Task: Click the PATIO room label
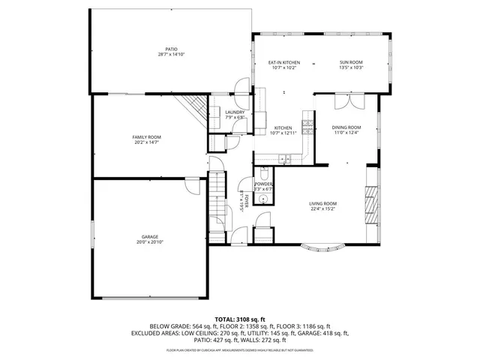click(x=171, y=49)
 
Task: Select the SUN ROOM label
click(x=351, y=63)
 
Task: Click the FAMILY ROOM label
click(x=147, y=137)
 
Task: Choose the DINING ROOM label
click(x=346, y=127)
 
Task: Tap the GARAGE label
click(x=150, y=237)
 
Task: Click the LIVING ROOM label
click(x=323, y=203)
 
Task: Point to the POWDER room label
click(x=263, y=184)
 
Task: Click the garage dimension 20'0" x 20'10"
click(x=150, y=242)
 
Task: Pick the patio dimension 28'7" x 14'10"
click(x=171, y=55)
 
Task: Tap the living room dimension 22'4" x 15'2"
click(x=323, y=208)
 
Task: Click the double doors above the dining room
click(x=350, y=100)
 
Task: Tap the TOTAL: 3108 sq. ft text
click(x=239, y=319)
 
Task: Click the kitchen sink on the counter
click(x=284, y=158)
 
